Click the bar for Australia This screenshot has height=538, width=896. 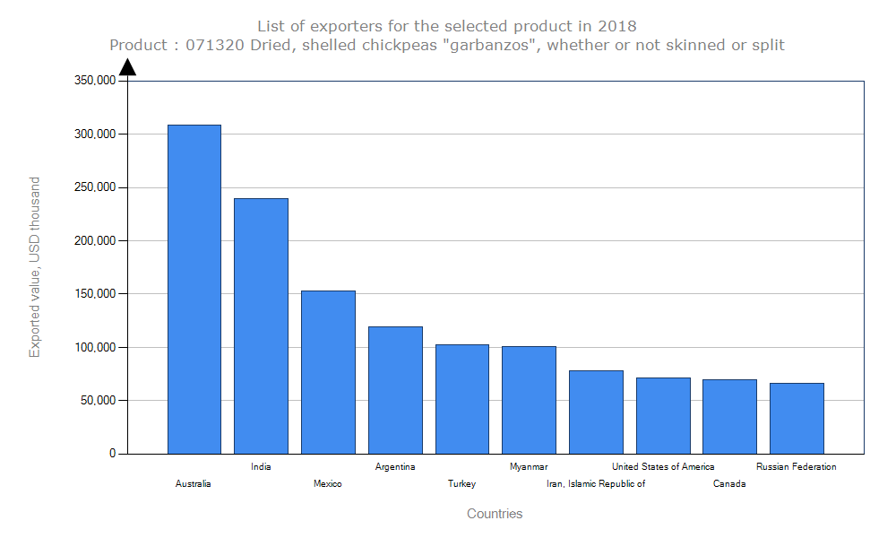coord(194,289)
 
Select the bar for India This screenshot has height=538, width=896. coord(261,325)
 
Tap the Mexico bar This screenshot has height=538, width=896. coord(328,372)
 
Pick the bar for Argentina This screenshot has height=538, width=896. coord(395,390)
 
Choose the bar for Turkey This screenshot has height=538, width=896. coord(462,399)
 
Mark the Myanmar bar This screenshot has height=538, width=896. coord(529,400)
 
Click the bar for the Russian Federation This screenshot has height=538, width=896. coord(797,418)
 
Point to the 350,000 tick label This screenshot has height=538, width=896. coord(93,81)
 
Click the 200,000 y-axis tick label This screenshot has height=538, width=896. coord(93,240)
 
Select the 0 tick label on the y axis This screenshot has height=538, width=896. coord(113,454)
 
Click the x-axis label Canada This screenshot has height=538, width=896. coord(729,484)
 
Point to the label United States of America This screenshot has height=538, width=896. coord(663,466)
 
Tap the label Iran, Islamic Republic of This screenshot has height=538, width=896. coord(596,484)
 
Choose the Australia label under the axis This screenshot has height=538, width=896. coord(194,484)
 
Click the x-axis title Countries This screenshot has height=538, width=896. coord(495,514)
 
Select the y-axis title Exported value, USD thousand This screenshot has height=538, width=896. coord(35,267)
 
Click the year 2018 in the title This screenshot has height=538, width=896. coord(617,25)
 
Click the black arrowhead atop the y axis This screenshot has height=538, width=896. coord(128,67)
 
